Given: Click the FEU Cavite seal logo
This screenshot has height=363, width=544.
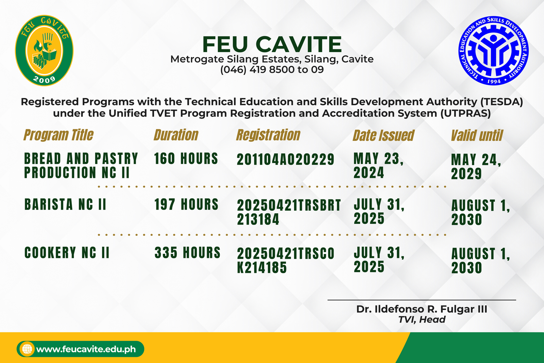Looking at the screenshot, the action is click(44, 51).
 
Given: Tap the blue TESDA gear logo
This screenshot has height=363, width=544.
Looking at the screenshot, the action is click(493, 51).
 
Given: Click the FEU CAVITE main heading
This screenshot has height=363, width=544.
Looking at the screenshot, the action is click(272, 44).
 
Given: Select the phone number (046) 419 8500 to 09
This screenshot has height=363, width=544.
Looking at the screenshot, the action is click(272, 70).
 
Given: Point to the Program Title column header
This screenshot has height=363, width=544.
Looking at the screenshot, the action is click(58, 135).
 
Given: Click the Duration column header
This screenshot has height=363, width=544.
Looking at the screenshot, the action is click(176, 135).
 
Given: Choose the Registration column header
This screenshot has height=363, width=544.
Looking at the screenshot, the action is click(268, 135).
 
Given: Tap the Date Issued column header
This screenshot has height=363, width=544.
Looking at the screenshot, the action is click(384, 135).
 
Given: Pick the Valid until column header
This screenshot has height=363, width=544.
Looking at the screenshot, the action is click(477, 135).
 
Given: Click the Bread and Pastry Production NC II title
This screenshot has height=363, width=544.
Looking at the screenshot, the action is click(81, 165).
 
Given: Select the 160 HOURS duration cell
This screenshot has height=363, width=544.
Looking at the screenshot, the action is click(186, 159).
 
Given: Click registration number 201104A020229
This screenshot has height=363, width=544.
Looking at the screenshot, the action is click(286, 160).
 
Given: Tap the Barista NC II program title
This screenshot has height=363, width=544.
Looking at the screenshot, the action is click(65, 204).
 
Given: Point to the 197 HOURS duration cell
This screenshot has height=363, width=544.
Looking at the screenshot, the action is click(187, 204).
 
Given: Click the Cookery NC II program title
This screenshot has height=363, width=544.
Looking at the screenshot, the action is click(67, 252).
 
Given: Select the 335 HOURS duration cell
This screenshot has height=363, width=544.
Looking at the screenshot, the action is click(187, 252).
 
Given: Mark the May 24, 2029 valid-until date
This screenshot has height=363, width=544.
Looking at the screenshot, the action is click(476, 166).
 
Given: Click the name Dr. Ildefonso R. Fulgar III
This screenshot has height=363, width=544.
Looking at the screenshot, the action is click(422, 309).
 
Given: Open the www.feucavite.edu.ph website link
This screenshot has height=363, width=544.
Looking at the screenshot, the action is click(86, 349).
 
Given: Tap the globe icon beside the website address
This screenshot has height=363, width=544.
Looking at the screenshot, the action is click(27, 349).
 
